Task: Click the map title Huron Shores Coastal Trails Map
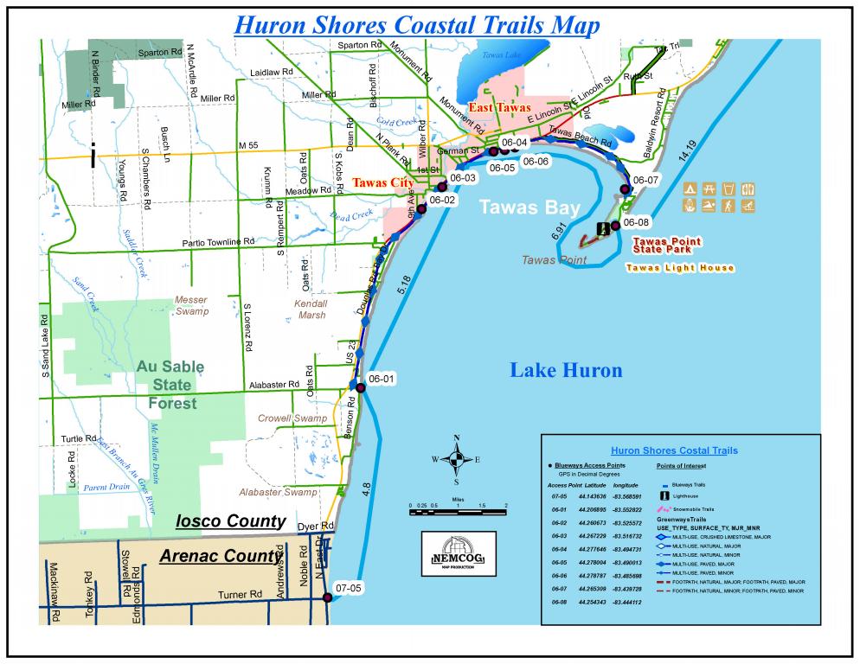coord(418,24)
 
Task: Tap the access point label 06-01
coord(381,378)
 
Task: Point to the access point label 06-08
coord(636,221)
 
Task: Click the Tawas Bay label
coord(519,207)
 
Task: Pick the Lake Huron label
coord(565,371)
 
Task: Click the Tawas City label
coord(382,182)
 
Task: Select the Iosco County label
coord(230,521)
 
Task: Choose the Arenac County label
coord(221,556)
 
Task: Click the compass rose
coord(456,460)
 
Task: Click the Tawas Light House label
coord(680,268)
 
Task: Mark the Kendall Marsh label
coord(311,310)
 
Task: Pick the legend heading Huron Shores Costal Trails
coord(674,450)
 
